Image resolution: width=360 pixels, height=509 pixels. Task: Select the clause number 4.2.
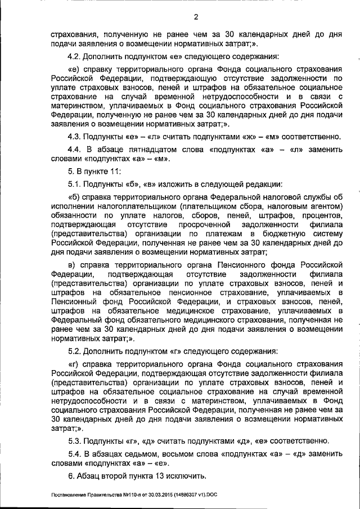(75, 56)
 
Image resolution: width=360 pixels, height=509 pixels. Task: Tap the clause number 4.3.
(75, 136)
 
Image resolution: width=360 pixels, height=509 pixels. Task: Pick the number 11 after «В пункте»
(113, 172)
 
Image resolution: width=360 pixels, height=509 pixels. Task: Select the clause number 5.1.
(75, 184)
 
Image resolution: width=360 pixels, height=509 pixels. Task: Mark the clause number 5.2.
(75, 351)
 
